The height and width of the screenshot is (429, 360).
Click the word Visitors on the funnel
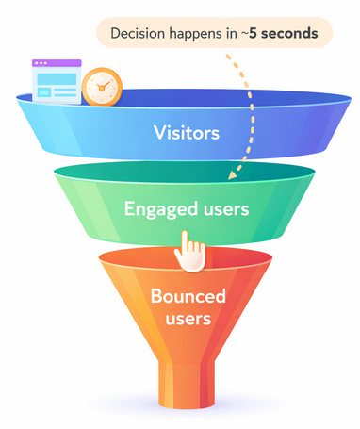point(188,132)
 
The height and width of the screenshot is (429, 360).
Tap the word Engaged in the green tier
point(155,208)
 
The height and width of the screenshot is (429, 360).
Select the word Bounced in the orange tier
point(188,297)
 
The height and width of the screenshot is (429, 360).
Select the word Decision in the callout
point(139,35)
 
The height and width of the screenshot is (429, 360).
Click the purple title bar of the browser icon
point(55,64)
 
